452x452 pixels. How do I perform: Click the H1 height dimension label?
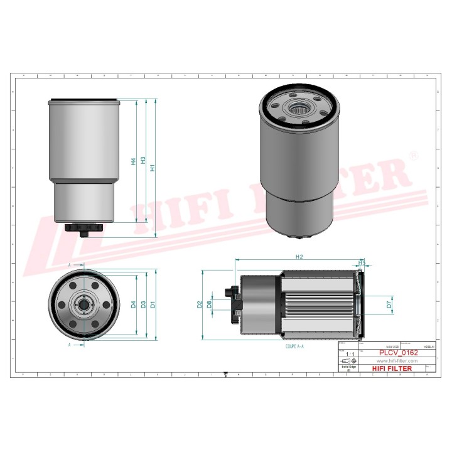[x=153, y=168]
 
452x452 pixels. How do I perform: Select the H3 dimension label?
[x=143, y=161]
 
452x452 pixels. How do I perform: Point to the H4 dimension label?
[x=133, y=161]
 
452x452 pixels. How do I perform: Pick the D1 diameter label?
[x=153, y=304]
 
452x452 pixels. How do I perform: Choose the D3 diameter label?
[x=143, y=304]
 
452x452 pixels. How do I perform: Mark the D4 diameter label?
[x=133, y=304]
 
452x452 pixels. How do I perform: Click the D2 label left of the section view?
[x=200, y=304]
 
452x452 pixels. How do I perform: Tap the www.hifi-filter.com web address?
[x=396, y=361]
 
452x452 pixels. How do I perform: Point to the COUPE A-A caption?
[x=295, y=346]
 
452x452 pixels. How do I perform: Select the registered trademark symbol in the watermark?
[x=412, y=154]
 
